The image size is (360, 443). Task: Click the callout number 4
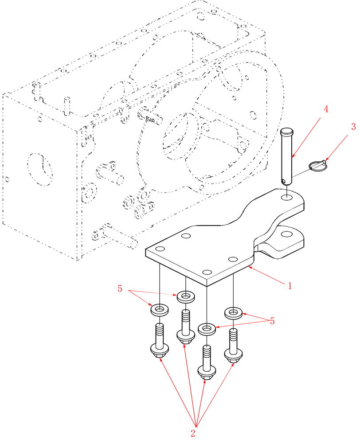pyautogui.click(x=326, y=109)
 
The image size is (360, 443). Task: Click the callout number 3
pyautogui.click(x=353, y=127)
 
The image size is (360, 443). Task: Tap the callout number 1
pyautogui.click(x=290, y=286)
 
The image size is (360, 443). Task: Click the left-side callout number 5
pyautogui.click(x=120, y=289)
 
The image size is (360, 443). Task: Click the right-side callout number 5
pyautogui.click(x=272, y=321)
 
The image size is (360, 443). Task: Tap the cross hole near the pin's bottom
pyautogui.click(x=284, y=180)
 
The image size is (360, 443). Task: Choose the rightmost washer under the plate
pyautogui.click(x=233, y=313)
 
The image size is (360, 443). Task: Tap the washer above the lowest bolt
pyautogui.click(x=207, y=329)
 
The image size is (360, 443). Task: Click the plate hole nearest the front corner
pyautogui.click(x=206, y=272)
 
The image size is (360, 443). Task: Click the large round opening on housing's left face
pyautogui.click(x=39, y=168)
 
